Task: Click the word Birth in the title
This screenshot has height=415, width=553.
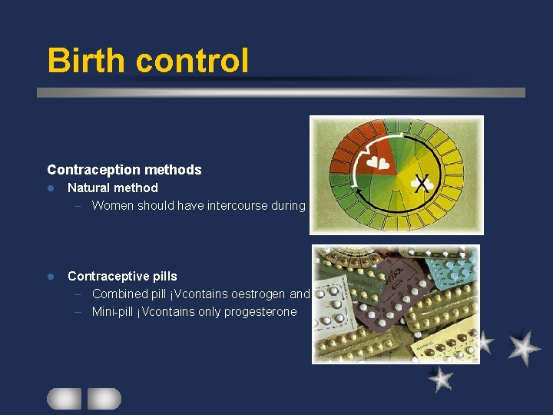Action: (x=86, y=60)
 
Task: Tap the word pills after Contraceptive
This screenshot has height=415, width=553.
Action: (x=161, y=276)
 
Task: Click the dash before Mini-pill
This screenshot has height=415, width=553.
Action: (x=80, y=311)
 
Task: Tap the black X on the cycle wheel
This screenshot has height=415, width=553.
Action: (x=421, y=183)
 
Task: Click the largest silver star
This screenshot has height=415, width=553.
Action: (x=524, y=347)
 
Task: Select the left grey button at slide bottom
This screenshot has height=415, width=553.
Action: (x=64, y=398)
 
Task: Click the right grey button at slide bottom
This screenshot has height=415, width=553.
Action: (x=104, y=398)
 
